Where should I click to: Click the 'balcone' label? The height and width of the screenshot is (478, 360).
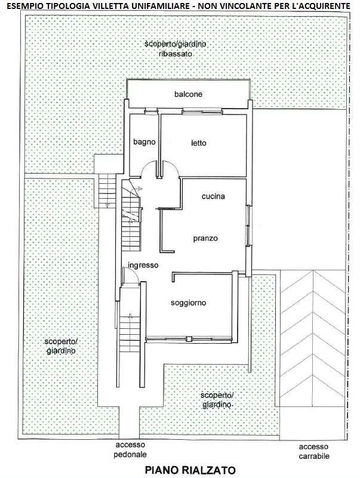click(x=188, y=94)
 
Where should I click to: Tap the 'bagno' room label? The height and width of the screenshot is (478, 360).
click(x=144, y=142)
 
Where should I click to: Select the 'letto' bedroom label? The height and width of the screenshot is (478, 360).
click(x=199, y=143)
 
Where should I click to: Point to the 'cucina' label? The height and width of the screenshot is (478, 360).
click(x=213, y=196)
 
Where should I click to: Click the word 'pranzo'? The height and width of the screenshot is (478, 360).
click(x=205, y=238)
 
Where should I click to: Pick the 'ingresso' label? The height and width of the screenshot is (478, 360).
click(x=143, y=265)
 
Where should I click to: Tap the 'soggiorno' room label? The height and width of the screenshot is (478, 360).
click(x=188, y=303)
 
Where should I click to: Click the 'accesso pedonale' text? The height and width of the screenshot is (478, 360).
click(x=130, y=449)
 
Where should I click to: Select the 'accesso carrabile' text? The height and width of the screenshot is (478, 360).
click(x=313, y=452)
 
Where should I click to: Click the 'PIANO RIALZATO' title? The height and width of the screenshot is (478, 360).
click(x=190, y=470)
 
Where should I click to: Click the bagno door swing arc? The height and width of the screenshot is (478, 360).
click(x=144, y=166)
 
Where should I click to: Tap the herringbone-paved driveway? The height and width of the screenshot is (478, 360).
click(x=313, y=338)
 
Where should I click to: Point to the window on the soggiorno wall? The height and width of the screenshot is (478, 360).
click(x=189, y=339)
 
